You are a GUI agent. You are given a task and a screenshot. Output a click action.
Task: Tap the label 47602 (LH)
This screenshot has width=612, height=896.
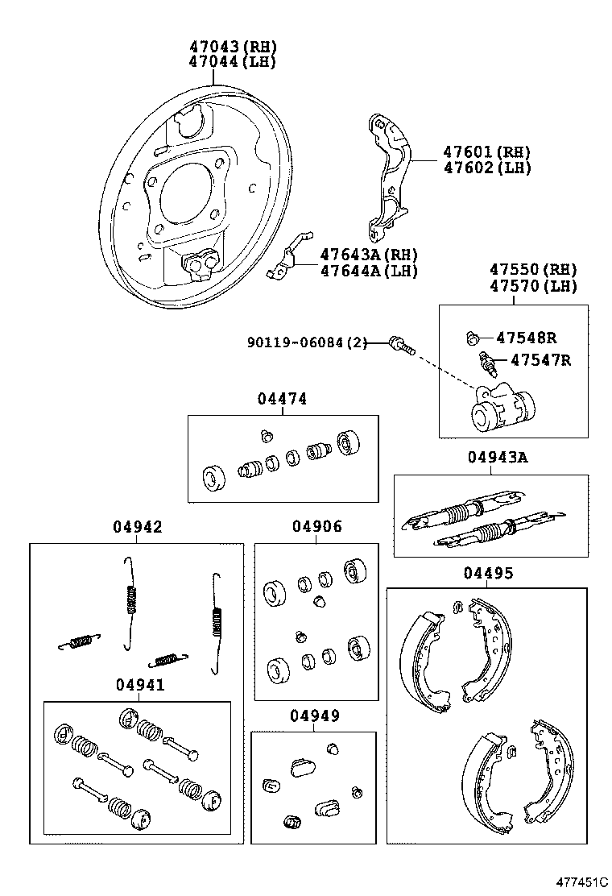[486, 168]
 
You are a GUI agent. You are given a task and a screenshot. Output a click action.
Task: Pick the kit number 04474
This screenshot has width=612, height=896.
[282, 399]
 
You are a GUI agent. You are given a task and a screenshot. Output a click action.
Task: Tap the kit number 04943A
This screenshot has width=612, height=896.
[497, 458]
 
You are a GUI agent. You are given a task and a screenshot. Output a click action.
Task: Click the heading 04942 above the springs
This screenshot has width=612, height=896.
[137, 527]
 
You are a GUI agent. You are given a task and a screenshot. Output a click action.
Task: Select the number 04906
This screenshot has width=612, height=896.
[316, 527]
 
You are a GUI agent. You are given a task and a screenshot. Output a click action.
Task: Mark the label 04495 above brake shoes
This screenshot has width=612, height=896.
[487, 573]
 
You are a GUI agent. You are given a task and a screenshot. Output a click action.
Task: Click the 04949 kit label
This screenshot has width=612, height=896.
[314, 716]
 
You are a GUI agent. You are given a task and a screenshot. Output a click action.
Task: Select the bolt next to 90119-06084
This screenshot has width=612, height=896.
[399, 344]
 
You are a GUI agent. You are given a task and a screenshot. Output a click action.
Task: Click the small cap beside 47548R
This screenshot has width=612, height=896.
[473, 338]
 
